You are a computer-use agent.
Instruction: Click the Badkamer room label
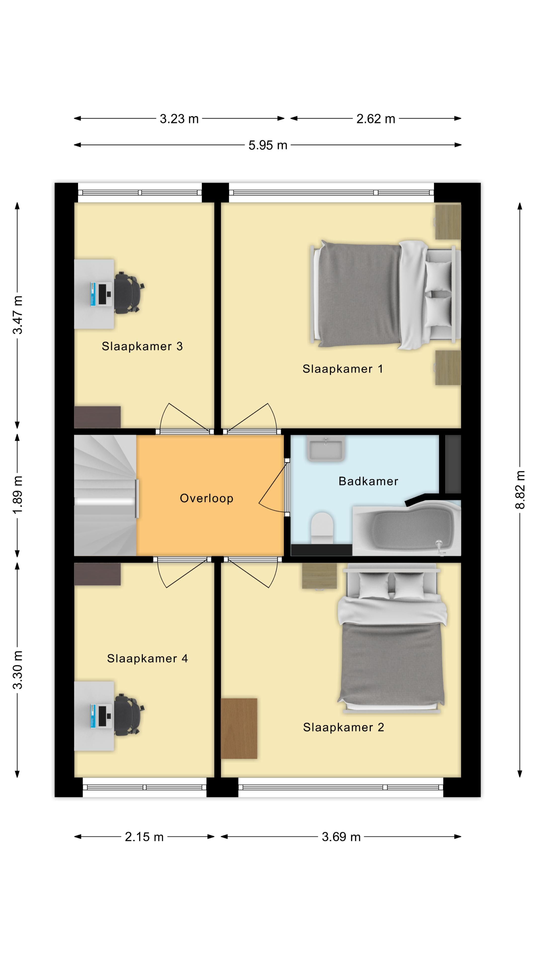[x=368, y=481]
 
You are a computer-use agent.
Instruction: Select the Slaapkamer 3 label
[x=142, y=346]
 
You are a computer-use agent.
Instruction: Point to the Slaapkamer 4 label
[x=147, y=658]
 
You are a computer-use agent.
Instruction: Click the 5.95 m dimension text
[x=268, y=145]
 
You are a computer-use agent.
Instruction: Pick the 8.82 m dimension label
[x=520, y=489]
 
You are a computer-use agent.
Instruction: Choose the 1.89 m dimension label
[x=17, y=495]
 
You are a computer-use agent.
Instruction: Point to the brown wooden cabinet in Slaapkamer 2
[x=239, y=728]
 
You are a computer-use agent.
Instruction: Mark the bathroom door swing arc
[x=273, y=489]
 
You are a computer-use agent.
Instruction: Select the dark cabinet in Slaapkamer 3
[x=97, y=417]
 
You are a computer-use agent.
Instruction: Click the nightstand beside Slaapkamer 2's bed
[x=319, y=576]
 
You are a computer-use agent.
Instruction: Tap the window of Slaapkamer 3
[x=140, y=193]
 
